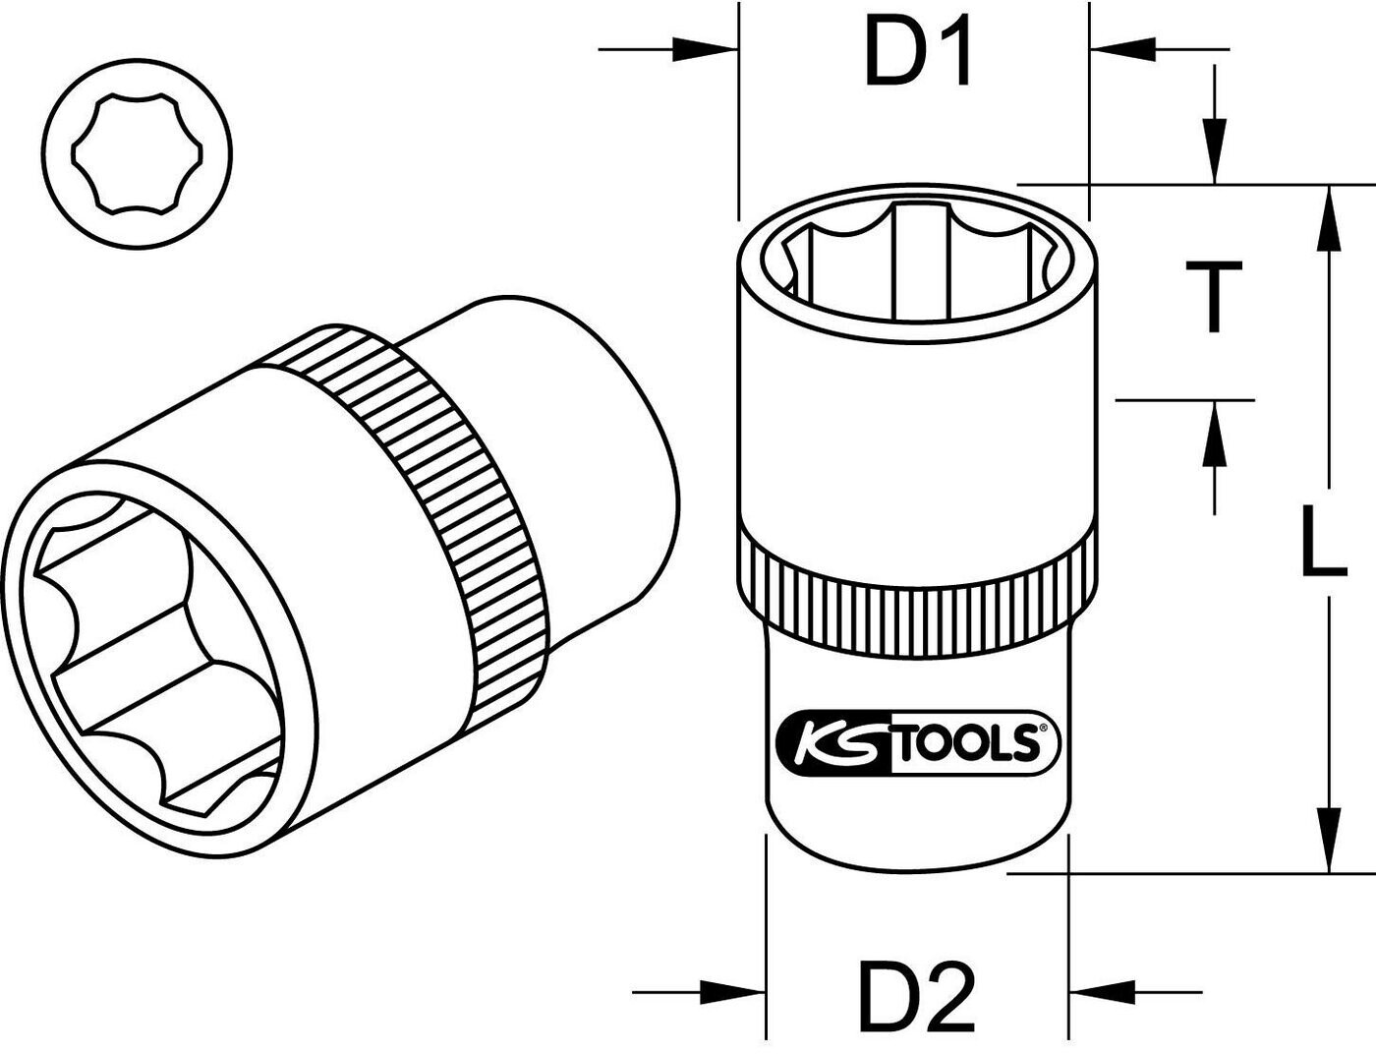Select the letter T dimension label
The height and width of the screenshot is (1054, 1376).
pyautogui.click(x=1214, y=296)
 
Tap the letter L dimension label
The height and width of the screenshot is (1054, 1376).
pyautogui.click(x=1322, y=538)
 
